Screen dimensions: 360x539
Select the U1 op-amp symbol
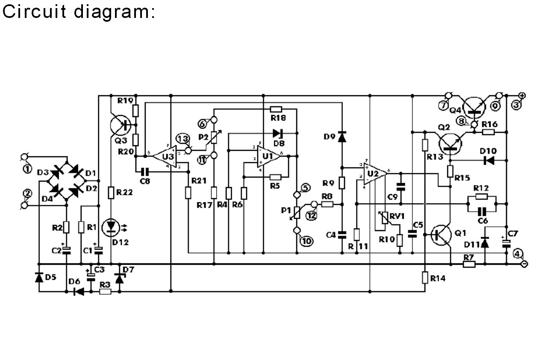(x=268, y=157)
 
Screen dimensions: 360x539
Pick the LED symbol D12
(x=111, y=227)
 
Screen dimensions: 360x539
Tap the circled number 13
(x=183, y=139)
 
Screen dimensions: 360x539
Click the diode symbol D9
(x=342, y=137)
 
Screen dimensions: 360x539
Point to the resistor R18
(x=276, y=109)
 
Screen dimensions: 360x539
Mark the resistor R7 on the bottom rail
(x=469, y=264)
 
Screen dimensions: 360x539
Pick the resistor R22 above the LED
(x=111, y=193)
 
